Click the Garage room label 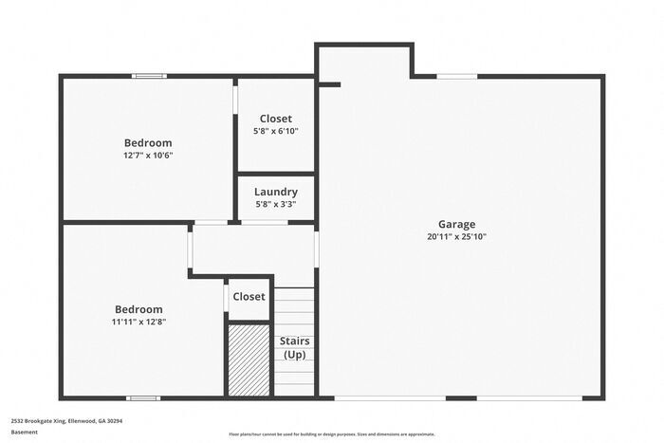pyautogui.click(x=456, y=225)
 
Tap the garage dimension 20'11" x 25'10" pyautogui.click(x=456, y=237)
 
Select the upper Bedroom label pyautogui.click(x=148, y=143)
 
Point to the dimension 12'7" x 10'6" pyautogui.click(x=148, y=156)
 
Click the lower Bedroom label pyautogui.click(x=138, y=309)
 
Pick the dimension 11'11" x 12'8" pyautogui.click(x=138, y=322)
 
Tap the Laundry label pyautogui.click(x=276, y=192)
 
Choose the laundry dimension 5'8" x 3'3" pyautogui.click(x=276, y=204)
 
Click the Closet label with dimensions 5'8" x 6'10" pyautogui.click(x=276, y=119)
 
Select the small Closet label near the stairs pyautogui.click(x=249, y=297)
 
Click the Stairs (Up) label pyautogui.click(x=294, y=347)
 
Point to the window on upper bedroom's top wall pyautogui.click(x=148, y=76)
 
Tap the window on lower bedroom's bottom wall pyautogui.click(x=142, y=397)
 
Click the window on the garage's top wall pyautogui.click(x=456, y=76)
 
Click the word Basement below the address pyautogui.click(x=24, y=432)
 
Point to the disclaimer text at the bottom pyautogui.click(x=331, y=434)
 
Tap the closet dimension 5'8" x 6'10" pyautogui.click(x=276, y=131)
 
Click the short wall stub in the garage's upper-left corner pyautogui.click(x=329, y=84)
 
